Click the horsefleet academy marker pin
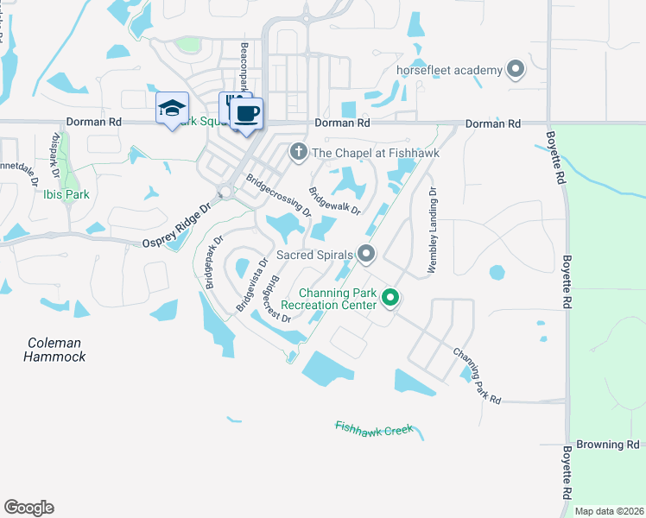point(516,70)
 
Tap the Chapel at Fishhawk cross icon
point(299,153)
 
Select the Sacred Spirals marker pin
point(366,254)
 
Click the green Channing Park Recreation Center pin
point(390,299)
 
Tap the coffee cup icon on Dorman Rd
point(247,113)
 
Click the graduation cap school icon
point(172,109)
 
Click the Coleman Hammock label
point(54,349)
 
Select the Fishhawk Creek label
point(375,428)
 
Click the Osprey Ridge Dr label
point(176,227)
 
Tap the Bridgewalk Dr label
point(334,200)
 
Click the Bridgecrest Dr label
point(276,297)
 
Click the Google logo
point(28,508)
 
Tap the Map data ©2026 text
point(609,511)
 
